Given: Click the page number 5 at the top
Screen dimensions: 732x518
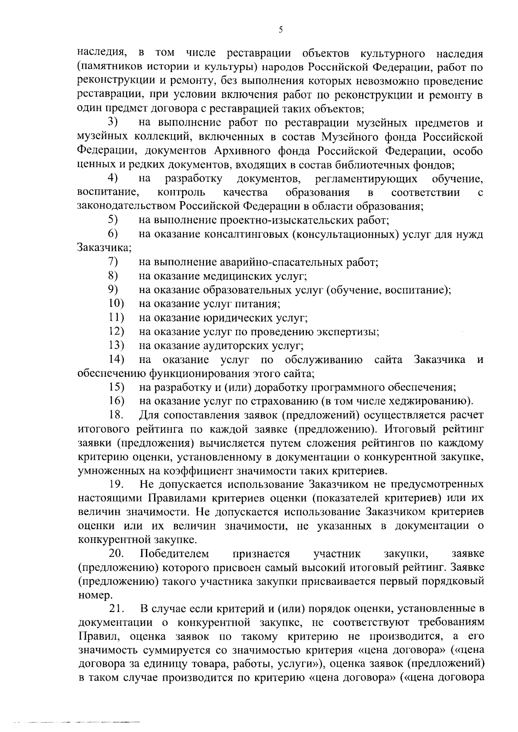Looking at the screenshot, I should click(x=281, y=30).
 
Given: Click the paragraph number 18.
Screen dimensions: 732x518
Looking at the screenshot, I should click(x=117, y=415).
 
